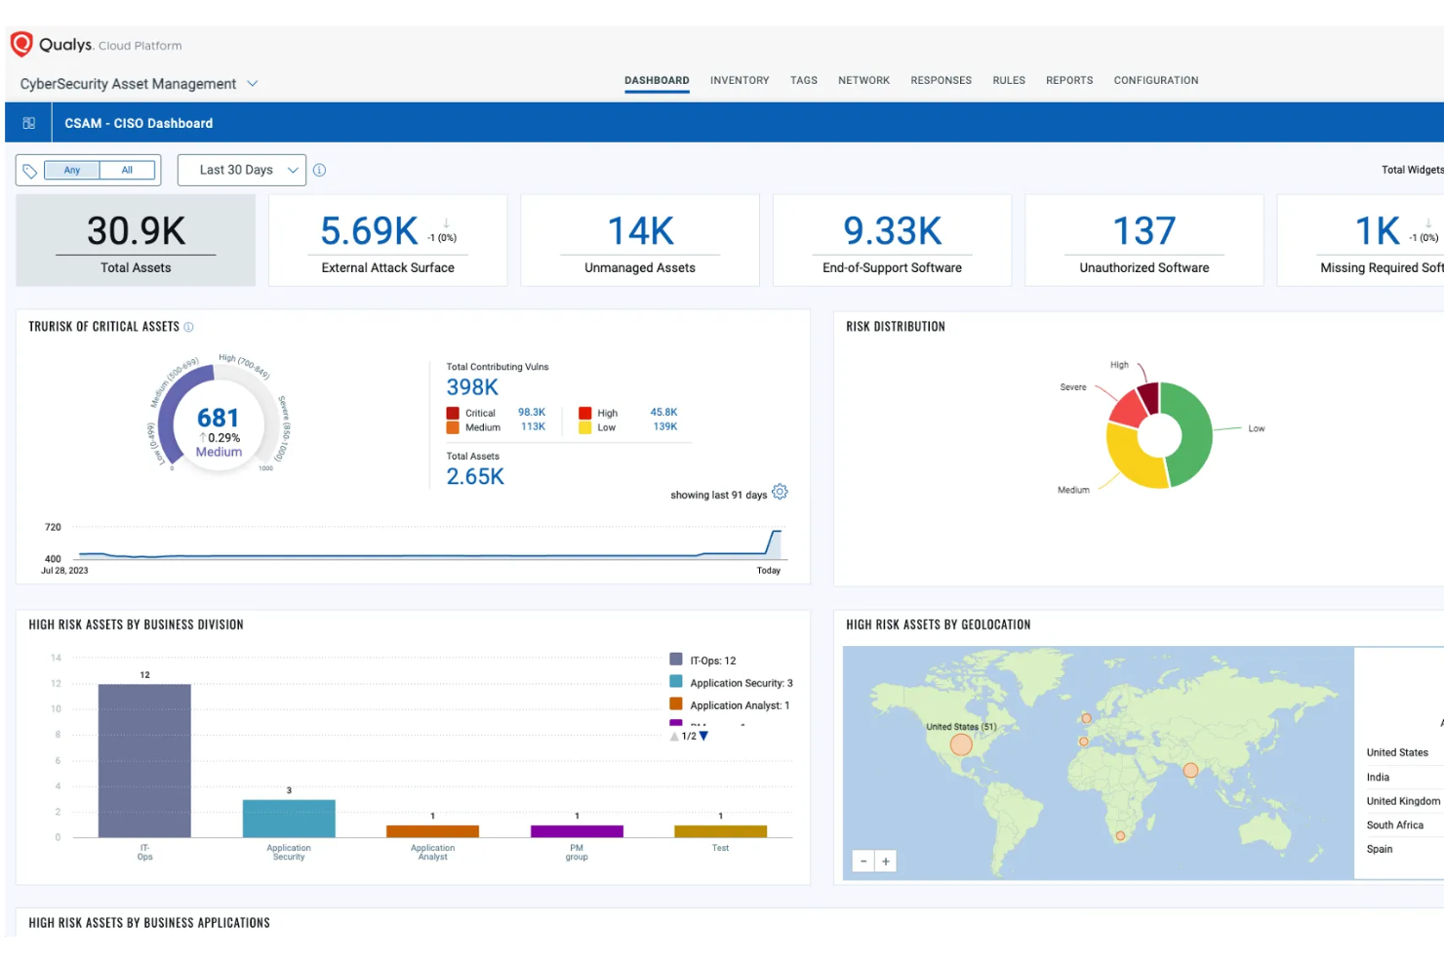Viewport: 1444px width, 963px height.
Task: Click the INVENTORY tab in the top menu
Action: (739, 80)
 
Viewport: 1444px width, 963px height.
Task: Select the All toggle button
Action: (127, 170)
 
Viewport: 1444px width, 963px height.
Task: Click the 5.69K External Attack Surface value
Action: (369, 231)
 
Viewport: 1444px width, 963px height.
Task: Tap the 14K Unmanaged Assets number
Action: (640, 231)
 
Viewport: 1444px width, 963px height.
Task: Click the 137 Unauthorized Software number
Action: (1143, 231)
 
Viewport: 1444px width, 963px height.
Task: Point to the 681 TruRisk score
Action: (218, 418)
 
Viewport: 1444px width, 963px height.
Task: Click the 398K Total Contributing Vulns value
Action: (472, 387)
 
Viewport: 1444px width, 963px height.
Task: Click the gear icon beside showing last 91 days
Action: (780, 492)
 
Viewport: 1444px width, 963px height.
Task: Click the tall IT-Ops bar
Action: (144, 760)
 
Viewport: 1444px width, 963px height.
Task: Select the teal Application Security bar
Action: (289, 819)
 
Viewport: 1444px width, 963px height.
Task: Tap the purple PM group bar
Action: (577, 831)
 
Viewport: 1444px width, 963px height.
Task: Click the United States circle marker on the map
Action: (961, 745)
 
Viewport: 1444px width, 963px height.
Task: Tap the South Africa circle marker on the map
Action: (1120, 836)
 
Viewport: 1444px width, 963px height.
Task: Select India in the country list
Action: (1378, 778)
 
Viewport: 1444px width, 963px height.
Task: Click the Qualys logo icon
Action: (21, 44)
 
